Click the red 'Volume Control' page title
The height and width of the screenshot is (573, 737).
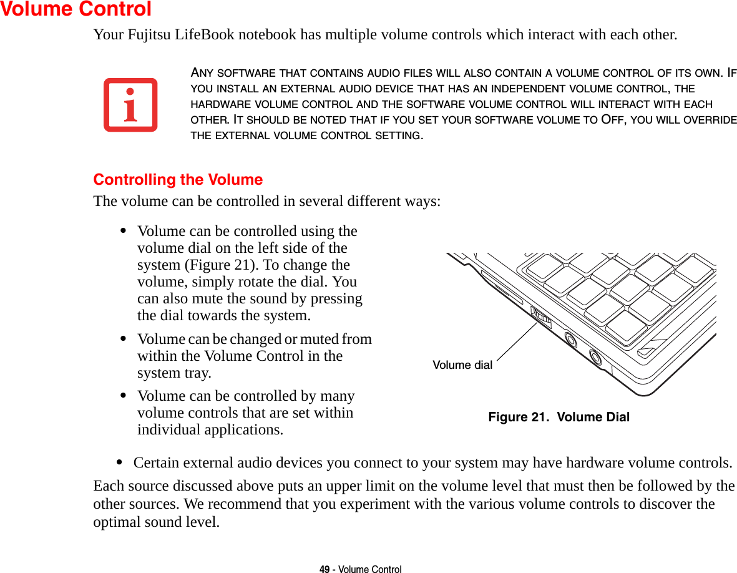point(76,9)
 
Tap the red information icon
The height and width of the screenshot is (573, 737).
point(130,105)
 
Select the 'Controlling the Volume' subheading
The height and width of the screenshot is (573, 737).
point(178,180)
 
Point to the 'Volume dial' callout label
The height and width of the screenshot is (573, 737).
point(462,365)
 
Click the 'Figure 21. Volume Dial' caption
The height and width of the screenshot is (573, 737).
point(559,417)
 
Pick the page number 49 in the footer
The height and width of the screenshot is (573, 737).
point(324,569)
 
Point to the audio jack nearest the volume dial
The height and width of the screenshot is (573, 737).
point(570,339)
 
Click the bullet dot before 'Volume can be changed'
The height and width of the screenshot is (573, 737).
point(124,340)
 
